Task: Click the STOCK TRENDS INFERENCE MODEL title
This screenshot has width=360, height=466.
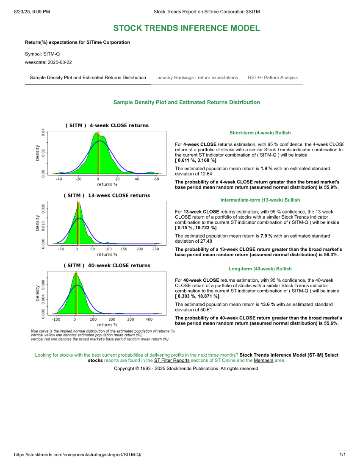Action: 186,28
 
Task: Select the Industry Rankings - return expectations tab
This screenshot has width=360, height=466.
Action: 197,78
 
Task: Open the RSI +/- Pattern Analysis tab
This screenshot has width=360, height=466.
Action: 273,78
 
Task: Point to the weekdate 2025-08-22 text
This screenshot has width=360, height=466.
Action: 48,62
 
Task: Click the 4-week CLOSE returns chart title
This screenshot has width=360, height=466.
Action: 107,125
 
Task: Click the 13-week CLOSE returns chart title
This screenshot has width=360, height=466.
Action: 107,196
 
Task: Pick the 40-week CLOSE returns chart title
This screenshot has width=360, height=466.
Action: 107,266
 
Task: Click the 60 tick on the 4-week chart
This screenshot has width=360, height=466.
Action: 156,179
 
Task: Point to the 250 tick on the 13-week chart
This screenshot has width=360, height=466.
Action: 155,249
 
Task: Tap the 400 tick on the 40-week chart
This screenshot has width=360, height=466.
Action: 149,319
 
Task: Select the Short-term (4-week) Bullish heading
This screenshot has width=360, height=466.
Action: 260,133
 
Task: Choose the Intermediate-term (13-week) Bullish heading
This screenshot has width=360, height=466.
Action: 260,200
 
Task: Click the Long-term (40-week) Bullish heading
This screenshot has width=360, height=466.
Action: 260,269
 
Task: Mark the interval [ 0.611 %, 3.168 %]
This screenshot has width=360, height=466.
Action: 196,160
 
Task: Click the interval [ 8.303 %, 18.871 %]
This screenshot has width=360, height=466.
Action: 197,297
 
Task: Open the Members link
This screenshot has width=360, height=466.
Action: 263,361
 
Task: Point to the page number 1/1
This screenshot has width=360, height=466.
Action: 343,455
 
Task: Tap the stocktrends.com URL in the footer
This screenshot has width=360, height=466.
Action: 78,455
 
